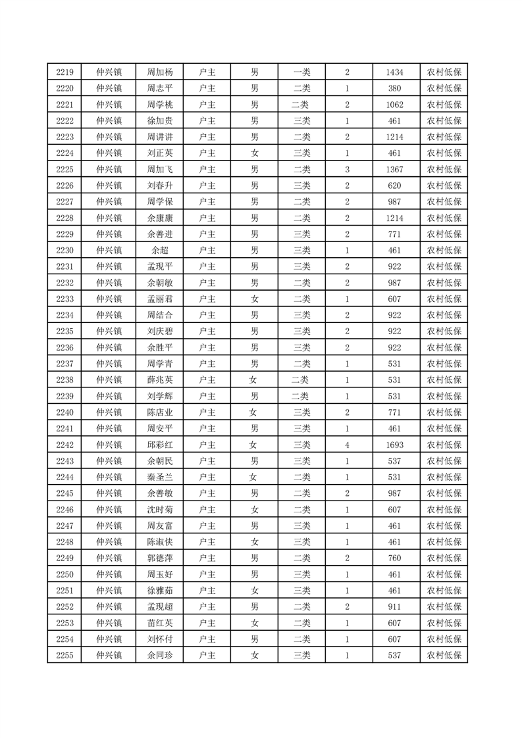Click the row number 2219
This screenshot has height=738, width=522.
[x=65, y=72]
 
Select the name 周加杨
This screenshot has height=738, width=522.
[x=160, y=72]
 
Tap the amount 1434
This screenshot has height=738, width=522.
[x=395, y=72]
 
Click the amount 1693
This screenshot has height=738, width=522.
[x=395, y=445]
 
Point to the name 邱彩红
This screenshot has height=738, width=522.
[x=160, y=445]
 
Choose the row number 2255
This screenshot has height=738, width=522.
[x=65, y=655]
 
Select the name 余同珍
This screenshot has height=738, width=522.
[x=160, y=655]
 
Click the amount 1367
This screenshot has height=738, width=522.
[x=395, y=170]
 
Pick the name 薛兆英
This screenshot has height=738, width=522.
[x=160, y=380]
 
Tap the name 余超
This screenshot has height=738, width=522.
[x=160, y=251]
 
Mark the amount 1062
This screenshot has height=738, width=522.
[x=395, y=105]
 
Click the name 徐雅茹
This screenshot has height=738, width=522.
[x=160, y=590]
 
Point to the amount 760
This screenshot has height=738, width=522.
[x=395, y=558]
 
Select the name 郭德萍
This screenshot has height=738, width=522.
[x=160, y=558]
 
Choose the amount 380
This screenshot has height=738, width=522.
[x=395, y=89]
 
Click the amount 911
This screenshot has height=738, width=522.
[x=395, y=606]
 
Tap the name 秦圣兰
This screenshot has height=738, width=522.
[x=160, y=477]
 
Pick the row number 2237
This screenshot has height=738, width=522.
[x=65, y=364]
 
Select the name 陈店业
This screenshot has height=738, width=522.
[x=160, y=412]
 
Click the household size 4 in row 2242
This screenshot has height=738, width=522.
[x=347, y=445]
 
